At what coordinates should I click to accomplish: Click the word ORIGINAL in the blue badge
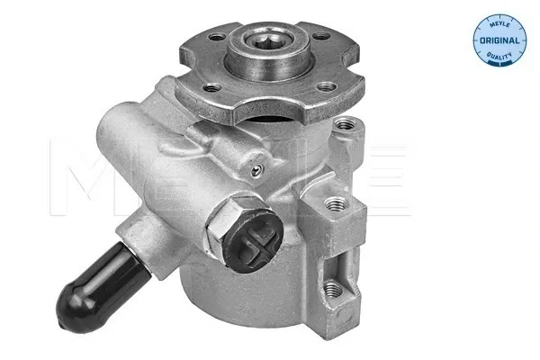[499, 40]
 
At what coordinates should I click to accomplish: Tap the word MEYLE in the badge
[499, 24]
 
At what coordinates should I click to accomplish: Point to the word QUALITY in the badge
[499, 56]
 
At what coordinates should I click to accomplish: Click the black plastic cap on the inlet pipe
[101, 286]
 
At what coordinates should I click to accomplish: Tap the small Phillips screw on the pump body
[256, 170]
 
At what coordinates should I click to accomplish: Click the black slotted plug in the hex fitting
[252, 240]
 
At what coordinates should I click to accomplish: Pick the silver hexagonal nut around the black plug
[230, 220]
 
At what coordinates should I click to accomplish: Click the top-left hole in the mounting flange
[217, 36]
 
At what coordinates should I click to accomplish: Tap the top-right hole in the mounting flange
[321, 35]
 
